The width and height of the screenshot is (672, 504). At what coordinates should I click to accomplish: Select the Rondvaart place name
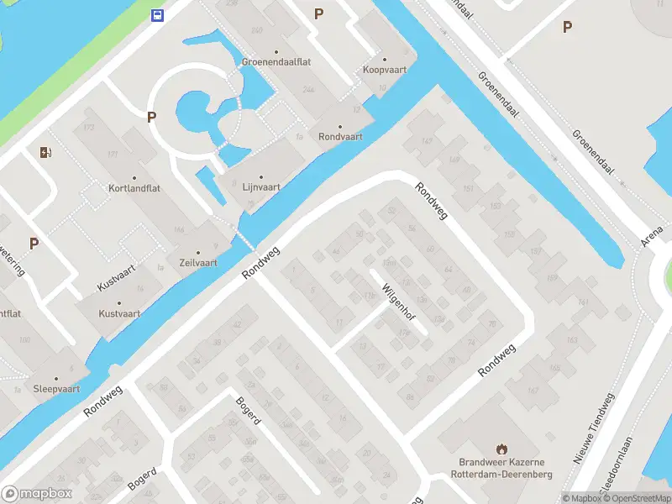pos(340,136)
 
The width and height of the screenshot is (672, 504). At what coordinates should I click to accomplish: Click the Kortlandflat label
pos(134,188)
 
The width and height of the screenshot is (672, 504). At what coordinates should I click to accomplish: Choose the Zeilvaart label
pos(198,263)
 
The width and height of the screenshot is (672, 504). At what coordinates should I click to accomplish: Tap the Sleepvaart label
pos(55,389)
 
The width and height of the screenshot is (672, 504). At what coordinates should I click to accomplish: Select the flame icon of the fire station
pos(502,448)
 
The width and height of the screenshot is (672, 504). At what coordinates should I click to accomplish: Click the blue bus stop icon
pos(157,14)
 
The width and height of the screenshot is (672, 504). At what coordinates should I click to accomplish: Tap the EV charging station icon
pos(45,152)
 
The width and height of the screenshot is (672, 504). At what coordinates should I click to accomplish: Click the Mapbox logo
pos(37,494)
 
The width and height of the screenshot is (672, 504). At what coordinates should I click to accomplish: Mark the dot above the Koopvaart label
pos(386,59)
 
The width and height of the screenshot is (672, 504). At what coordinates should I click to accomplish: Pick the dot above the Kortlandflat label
pos(134,177)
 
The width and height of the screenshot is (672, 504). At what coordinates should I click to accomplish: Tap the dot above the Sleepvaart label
pos(55,378)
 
